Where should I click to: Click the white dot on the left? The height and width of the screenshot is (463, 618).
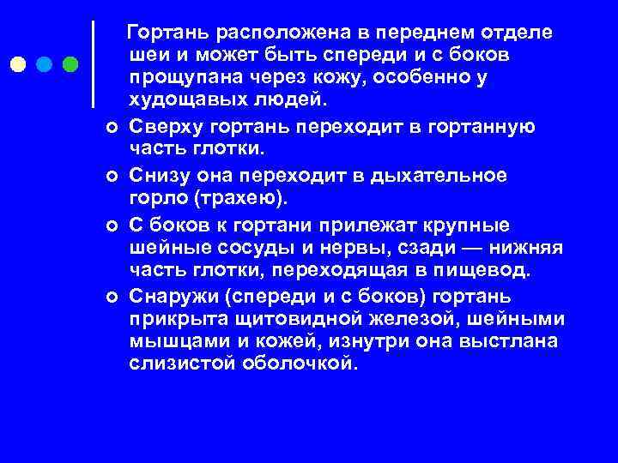point(17,64)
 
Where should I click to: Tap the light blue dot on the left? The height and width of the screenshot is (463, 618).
point(44,64)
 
